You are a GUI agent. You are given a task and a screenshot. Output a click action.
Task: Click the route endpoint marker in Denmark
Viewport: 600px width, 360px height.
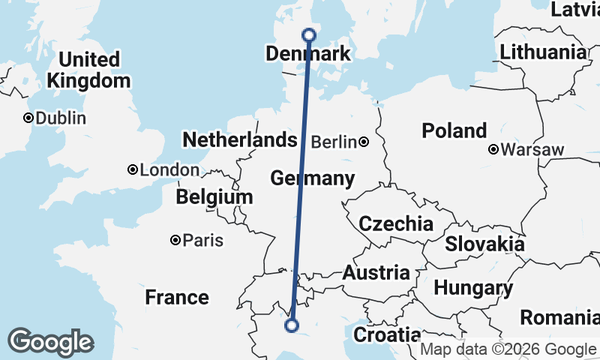[309, 34]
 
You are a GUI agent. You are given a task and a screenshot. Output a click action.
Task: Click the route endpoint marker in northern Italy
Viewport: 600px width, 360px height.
[292, 325]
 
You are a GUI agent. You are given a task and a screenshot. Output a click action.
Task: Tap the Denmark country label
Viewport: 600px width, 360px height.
[308, 54]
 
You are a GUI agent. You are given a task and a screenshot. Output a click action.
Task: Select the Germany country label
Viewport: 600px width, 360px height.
[312, 178]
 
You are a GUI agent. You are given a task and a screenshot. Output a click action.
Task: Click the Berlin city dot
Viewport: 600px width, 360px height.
[364, 142]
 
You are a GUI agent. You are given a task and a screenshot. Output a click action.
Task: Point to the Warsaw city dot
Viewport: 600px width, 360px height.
[493, 149]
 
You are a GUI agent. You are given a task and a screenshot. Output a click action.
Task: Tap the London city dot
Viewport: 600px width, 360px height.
[133, 170]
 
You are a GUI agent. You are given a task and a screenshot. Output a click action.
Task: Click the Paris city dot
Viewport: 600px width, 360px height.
[175, 241]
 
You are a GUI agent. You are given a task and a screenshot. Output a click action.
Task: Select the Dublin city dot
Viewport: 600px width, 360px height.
[28, 118]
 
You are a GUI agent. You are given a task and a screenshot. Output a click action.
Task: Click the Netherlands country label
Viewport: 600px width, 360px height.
[240, 140]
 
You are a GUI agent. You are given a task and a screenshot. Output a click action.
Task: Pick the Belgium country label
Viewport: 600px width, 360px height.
[214, 197]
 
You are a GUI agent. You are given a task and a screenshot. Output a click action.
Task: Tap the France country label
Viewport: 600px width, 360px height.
[177, 297]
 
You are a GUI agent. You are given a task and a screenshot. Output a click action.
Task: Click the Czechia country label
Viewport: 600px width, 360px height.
[395, 223]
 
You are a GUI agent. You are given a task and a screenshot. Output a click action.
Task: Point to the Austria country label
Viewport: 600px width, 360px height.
[376, 273]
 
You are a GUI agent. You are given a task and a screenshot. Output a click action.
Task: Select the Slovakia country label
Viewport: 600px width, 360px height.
[484, 244]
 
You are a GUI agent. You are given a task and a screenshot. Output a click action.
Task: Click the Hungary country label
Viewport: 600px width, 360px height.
[473, 288]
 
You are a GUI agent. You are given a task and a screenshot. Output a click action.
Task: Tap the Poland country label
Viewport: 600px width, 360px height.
[454, 130]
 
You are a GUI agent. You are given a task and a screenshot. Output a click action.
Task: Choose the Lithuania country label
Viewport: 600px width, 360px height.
[543, 52]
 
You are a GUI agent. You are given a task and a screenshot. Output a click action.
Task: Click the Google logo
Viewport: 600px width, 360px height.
[50, 342]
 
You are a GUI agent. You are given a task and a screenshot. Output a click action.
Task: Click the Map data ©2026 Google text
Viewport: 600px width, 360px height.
[508, 349]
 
